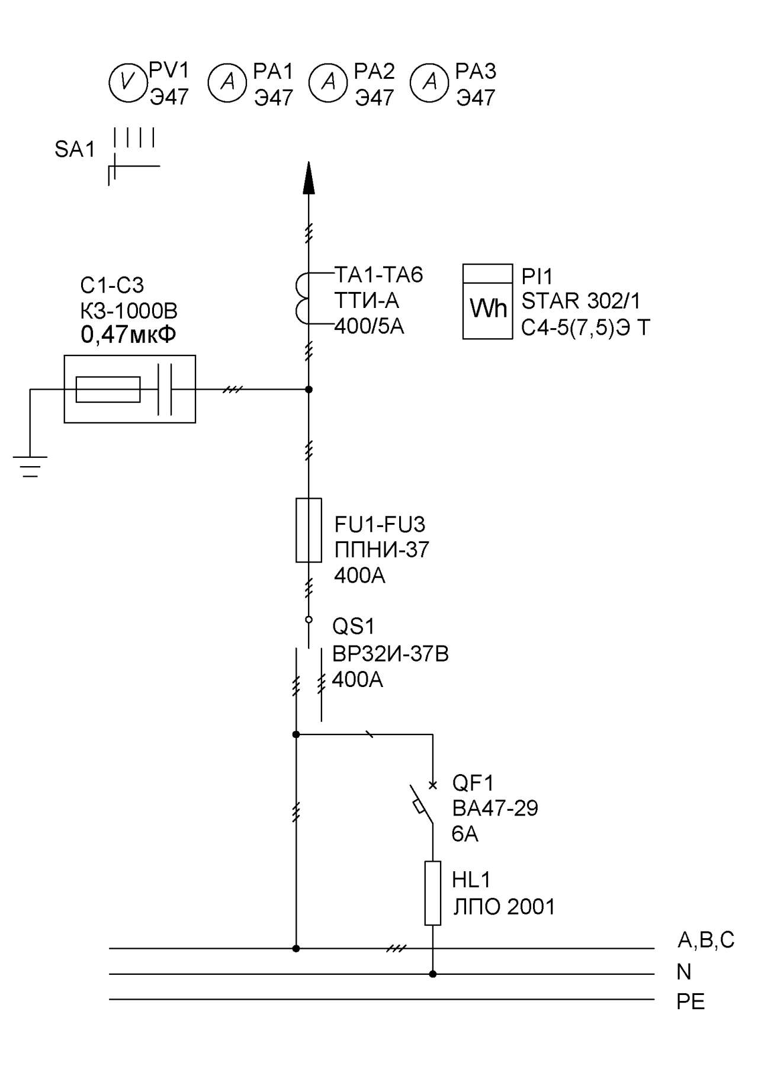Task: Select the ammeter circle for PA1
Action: [227, 82]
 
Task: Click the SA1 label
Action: [75, 150]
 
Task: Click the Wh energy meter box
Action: [487, 301]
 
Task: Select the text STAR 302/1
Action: [581, 301]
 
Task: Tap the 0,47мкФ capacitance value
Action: [129, 336]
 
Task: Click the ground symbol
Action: [30, 466]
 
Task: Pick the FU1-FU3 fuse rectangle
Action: [309, 530]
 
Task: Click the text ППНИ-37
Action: [381, 550]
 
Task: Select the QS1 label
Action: [354, 627]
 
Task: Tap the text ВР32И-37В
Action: [390, 654]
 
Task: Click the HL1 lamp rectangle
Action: [433, 893]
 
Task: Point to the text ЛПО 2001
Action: [504, 907]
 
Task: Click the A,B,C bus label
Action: [706, 940]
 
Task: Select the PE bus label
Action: [690, 1002]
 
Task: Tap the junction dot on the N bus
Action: [433, 974]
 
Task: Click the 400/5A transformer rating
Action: [369, 326]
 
